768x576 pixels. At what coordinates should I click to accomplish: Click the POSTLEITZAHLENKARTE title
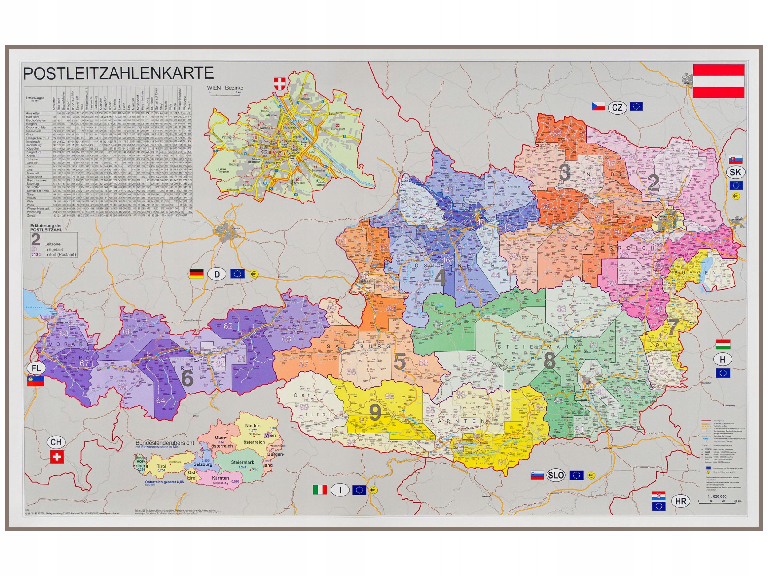point(118,74)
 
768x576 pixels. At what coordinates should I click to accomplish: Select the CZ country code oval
point(617,107)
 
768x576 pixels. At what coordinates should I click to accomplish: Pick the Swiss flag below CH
point(57,457)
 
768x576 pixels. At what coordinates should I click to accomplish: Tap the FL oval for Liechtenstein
point(37,369)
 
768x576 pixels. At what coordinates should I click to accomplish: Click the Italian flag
point(320,490)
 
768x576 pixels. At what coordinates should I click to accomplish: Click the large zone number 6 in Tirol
point(187,379)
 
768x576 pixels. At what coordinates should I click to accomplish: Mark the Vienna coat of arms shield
point(278,83)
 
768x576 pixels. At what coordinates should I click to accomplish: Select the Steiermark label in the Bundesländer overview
point(243,462)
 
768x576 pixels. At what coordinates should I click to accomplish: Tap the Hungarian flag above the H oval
point(723,344)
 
